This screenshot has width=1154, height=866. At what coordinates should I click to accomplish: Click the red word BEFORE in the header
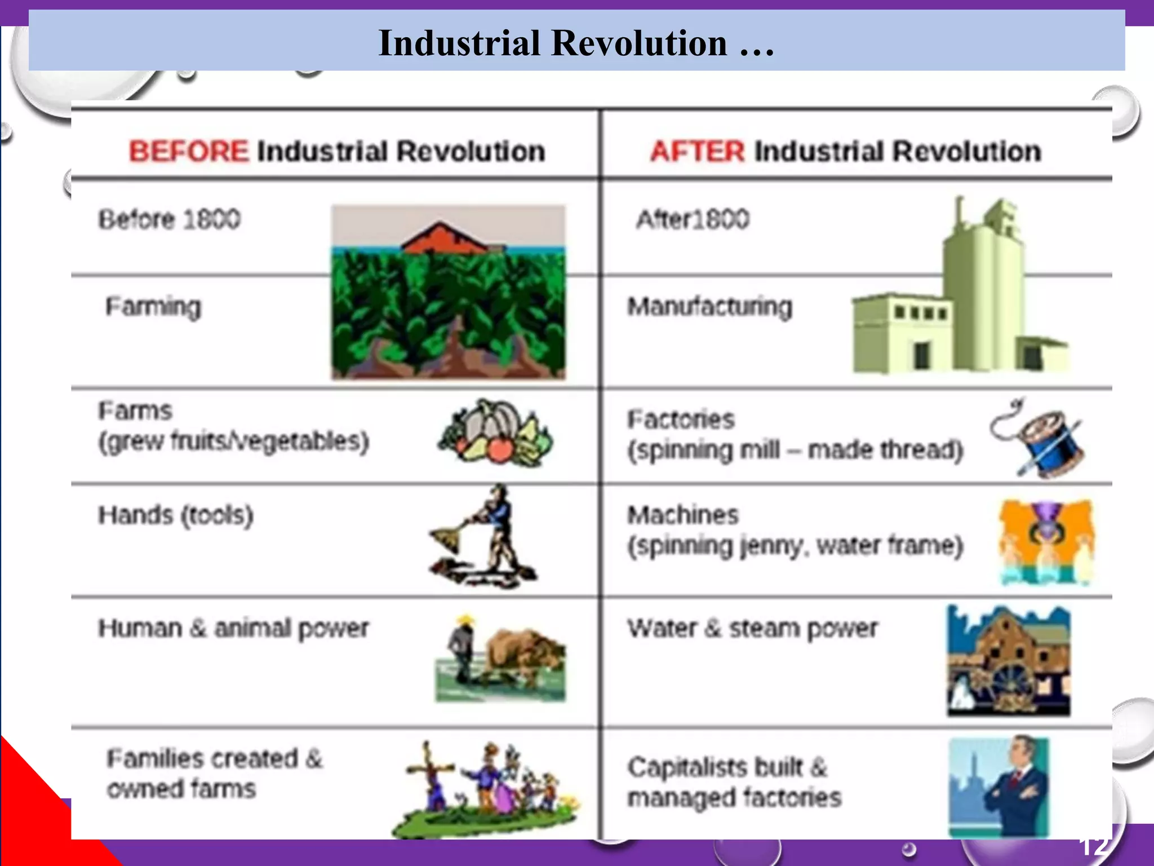[188, 151]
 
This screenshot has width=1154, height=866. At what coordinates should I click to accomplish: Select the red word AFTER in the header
[697, 151]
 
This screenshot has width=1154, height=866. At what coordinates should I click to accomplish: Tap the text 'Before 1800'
[169, 219]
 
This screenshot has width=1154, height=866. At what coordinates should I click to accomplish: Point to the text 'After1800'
[693, 219]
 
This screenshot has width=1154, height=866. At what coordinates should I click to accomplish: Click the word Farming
[153, 307]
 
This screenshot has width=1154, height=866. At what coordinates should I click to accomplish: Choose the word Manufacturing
[709, 307]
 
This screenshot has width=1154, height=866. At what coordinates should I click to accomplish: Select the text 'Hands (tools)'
[175, 515]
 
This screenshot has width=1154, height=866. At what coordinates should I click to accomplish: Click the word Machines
[682, 515]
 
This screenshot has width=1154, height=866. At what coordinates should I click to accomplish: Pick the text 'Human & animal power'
[233, 628]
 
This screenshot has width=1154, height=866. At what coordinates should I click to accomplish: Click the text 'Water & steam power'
[752, 628]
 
